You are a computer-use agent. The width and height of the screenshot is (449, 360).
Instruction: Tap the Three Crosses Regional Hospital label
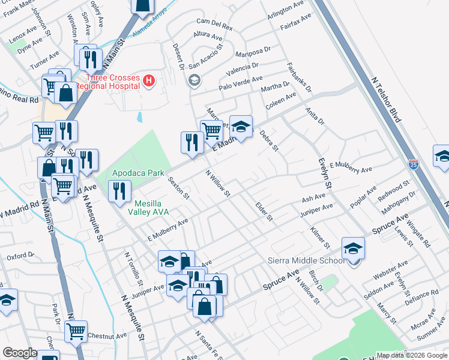click(113, 82)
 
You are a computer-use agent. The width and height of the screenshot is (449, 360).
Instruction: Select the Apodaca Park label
click(139, 173)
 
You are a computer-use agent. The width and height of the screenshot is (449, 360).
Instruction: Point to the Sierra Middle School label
click(306, 260)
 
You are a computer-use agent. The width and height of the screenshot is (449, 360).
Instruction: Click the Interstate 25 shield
click(413, 163)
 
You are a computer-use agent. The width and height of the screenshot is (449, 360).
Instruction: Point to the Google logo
click(20, 353)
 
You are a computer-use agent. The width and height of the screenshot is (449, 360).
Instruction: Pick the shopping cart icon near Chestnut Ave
click(76, 330)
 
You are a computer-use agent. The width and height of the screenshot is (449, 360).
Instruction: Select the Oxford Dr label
click(20, 256)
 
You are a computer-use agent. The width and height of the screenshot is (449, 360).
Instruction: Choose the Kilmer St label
click(320, 238)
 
